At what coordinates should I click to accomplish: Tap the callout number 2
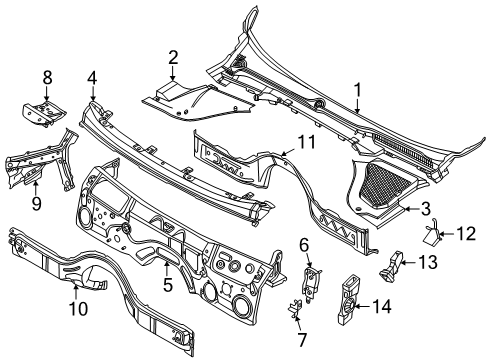click(x=173, y=58)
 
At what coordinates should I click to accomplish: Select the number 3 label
click(x=425, y=209)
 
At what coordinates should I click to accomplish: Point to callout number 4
click(x=92, y=79)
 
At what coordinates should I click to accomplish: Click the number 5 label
click(x=168, y=285)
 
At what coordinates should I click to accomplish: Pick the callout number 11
click(x=304, y=246)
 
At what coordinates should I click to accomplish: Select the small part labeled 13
click(x=393, y=267)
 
